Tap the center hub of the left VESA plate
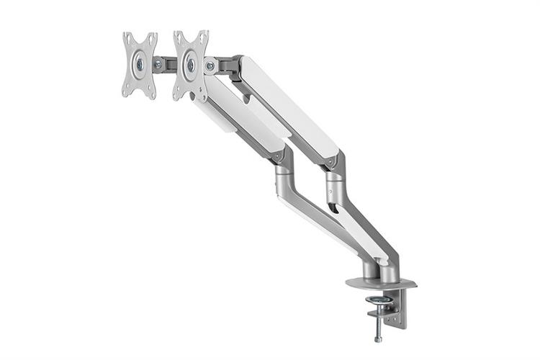click(139, 64)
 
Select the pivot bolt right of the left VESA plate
click(158, 64)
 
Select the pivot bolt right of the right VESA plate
click(210, 66)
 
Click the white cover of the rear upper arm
click(288, 108)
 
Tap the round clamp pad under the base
click(379, 299)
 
